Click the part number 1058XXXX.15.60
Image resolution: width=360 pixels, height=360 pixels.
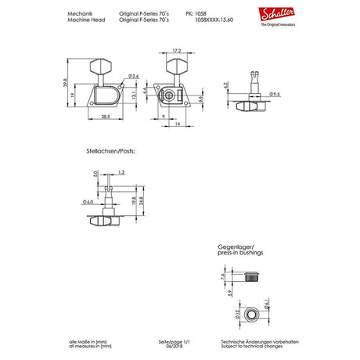(x=205, y=20)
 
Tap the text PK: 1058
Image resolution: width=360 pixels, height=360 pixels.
(x=196, y=13)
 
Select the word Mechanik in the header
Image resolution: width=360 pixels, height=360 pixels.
(x=80, y=13)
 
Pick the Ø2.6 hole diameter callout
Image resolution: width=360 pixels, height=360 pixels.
(x=134, y=76)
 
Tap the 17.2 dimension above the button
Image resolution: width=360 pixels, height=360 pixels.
(x=177, y=51)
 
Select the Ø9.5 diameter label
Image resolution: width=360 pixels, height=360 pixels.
(x=275, y=95)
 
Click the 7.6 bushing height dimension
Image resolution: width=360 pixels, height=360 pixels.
(x=222, y=276)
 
